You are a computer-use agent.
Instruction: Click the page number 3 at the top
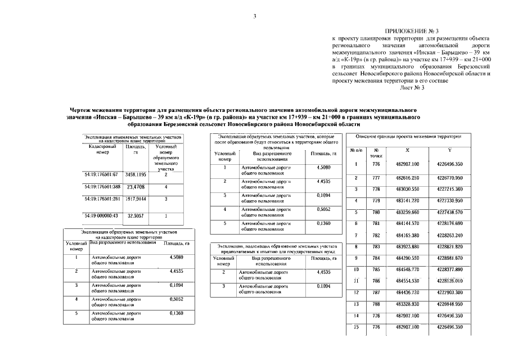pyautogui.click(x=255, y=16)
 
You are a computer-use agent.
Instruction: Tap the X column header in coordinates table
pyautogui.click(x=407, y=151)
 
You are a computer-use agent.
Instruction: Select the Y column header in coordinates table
pyautogui.click(x=449, y=151)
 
